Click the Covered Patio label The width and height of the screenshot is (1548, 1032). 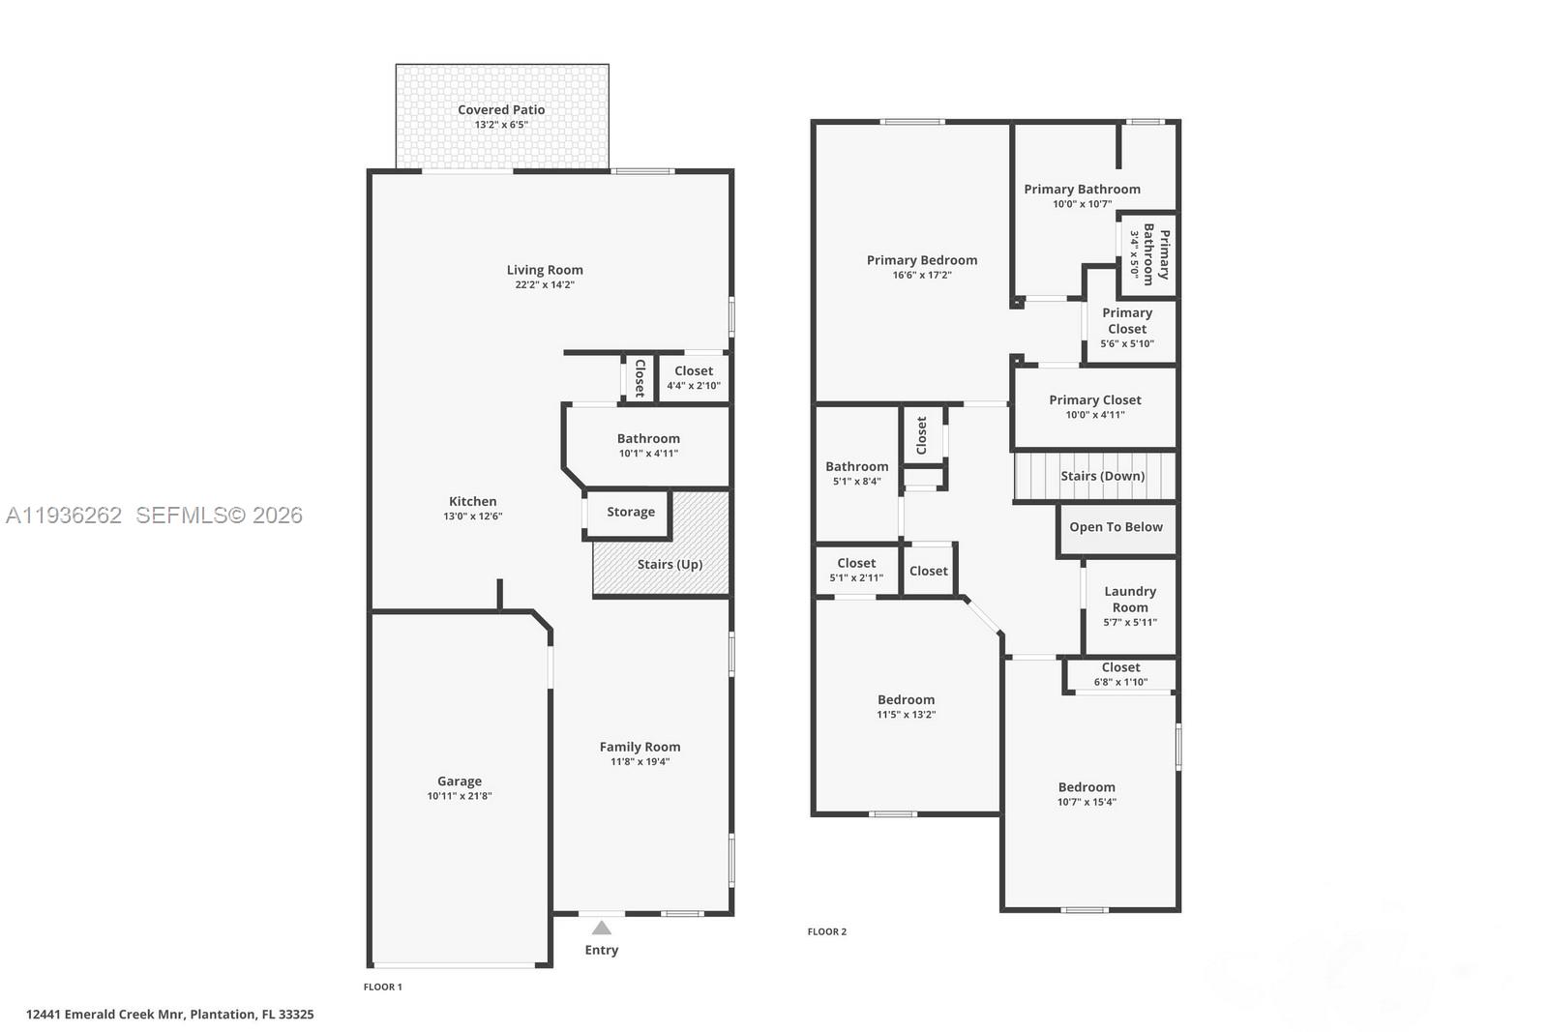click(501, 110)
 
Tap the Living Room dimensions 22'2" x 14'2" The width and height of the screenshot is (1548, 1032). click(545, 285)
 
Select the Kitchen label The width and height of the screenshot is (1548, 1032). click(473, 501)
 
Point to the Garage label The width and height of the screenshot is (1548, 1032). click(460, 781)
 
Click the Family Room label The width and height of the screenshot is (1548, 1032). click(640, 747)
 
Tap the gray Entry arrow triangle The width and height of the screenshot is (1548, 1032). click(602, 928)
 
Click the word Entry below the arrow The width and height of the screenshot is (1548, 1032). click(602, 951)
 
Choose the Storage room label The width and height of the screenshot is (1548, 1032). click(631, 513)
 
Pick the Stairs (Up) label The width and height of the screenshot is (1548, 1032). click(670, 565)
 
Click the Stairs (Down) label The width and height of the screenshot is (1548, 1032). click(1102, 476)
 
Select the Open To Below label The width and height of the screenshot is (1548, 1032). click(1116, 527)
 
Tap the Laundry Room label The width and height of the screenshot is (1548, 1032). click(1130, 600)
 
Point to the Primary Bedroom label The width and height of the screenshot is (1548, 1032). click(922, 260)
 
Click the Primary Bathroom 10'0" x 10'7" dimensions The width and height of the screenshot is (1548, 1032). click(1082, 204)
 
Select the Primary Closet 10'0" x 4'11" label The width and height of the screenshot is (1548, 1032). click(1095, 400)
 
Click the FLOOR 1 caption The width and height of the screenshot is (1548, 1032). click(382, 988)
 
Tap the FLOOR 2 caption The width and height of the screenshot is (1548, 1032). click(827, 932)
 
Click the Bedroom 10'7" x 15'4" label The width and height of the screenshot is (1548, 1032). click(1087, 787)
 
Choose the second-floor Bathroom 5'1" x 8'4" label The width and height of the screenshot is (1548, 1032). click(856, 467)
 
